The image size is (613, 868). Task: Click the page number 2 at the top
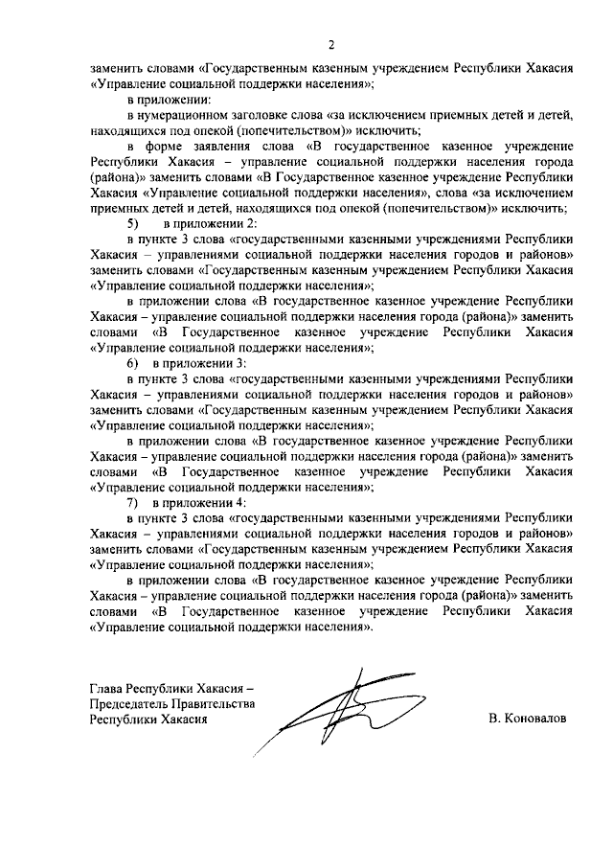pos(331,44)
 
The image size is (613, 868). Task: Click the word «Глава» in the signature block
pos(105,689)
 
